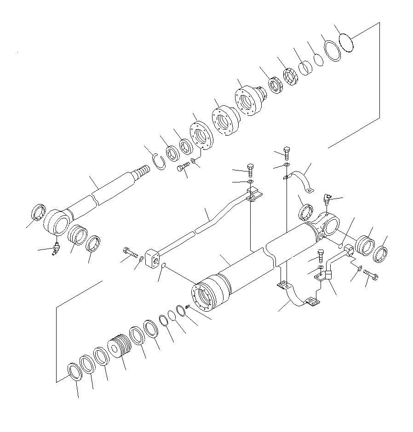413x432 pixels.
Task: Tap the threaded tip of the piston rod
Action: (x=141, y=174)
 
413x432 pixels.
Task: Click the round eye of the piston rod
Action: (x=56, y=222)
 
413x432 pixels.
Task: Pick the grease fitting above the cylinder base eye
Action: (x=327, y=199)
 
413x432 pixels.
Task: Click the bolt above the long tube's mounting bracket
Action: (x=250, y=169)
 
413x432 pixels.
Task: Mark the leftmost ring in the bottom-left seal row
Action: (x=74, y=371)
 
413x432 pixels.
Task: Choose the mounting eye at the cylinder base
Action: (x=328, y=226)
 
